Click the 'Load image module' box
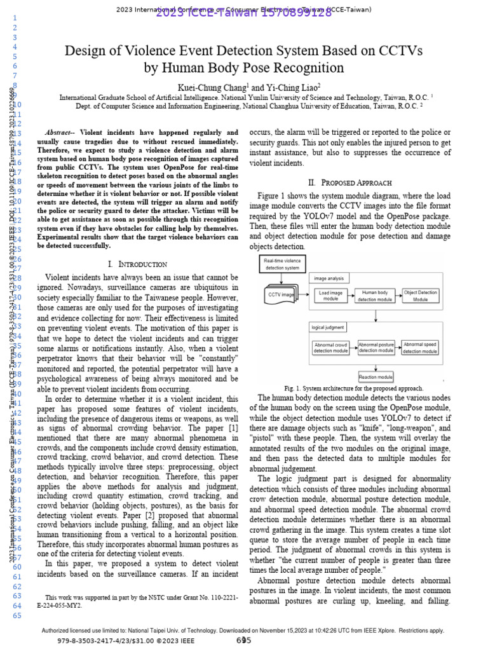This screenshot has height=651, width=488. click(x=331, y=296)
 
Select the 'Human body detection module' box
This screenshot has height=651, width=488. click(x=376, y=296)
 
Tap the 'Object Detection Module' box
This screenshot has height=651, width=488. click(x=421, y=296)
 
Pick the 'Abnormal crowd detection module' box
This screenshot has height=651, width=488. click(x=331, y=348)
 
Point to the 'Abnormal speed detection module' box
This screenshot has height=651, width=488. click(x=421, y=348)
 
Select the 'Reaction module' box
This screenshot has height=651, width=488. click(x=376, y=376)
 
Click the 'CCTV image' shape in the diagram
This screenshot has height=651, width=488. click(x=280, y=295)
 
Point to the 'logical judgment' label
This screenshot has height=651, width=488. click(x=328, y=328)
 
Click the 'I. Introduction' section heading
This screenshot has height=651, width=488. click(x=138, y=264)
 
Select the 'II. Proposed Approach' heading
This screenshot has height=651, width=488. click(x=349, y=182)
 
